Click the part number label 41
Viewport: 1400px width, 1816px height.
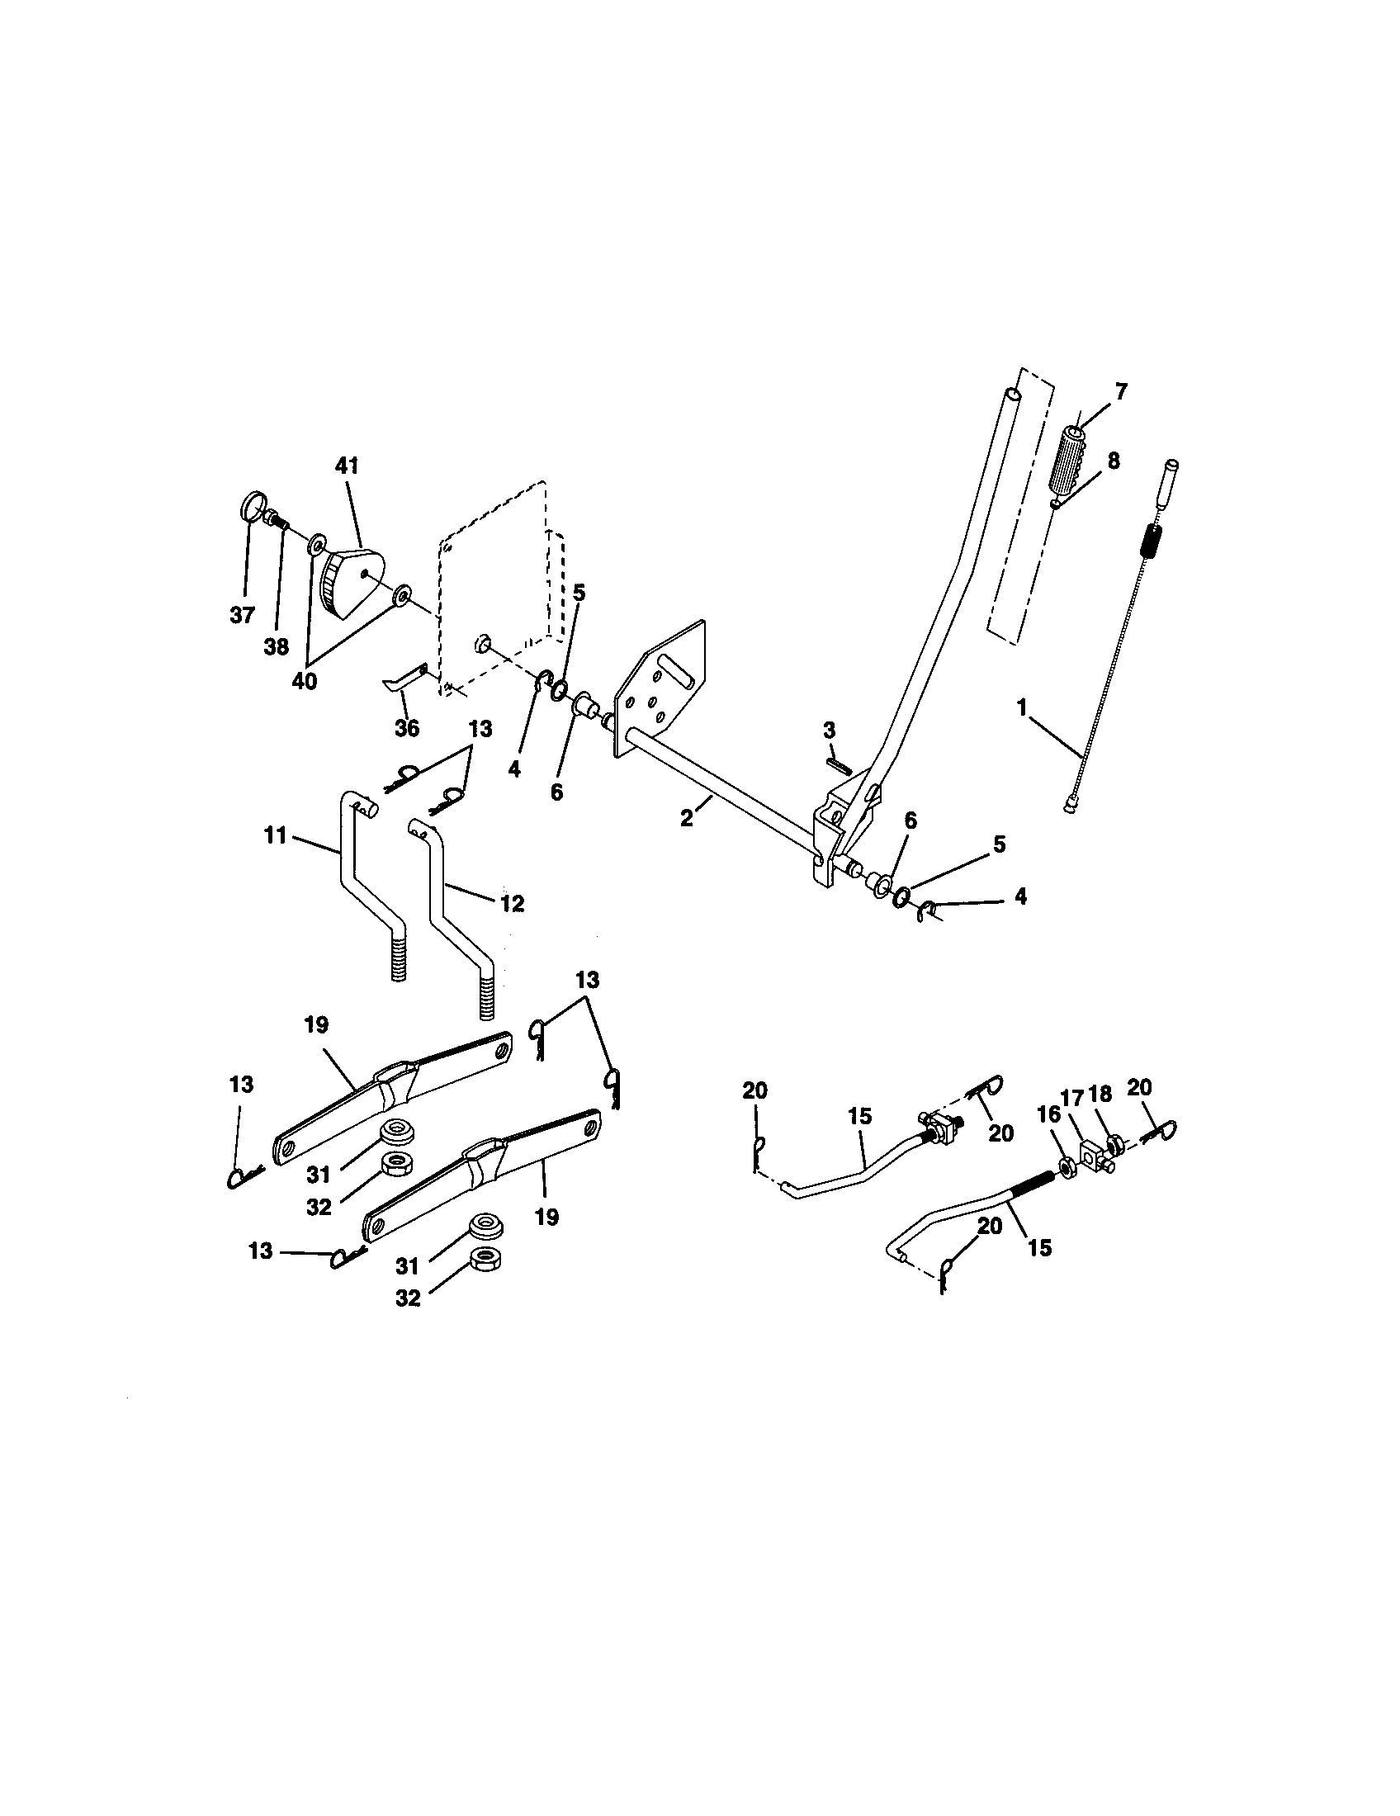click(347, 466)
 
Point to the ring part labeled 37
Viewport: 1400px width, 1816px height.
click(253, 506)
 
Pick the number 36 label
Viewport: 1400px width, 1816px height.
click(406, 728)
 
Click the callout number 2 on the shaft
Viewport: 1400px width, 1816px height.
click(686, 818)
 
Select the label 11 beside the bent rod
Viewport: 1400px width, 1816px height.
click(276, 835)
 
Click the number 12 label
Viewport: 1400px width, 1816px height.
click(512, 903)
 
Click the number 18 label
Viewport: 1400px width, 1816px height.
click(1100, 1095)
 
